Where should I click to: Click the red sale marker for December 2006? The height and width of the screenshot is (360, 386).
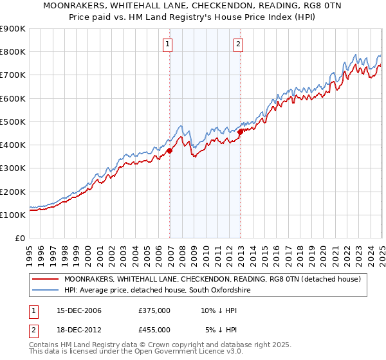(170, 151)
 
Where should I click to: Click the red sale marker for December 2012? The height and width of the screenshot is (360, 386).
(240, 132)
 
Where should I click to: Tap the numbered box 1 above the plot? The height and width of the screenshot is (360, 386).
(167, 44)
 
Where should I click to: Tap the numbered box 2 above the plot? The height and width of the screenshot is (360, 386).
(238, 44)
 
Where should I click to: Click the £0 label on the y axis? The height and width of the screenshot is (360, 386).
(19, 238)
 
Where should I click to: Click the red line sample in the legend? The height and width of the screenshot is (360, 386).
(45, 279)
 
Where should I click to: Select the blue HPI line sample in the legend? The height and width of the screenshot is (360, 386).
(45, 291)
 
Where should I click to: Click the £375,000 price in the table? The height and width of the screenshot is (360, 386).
(154, 311)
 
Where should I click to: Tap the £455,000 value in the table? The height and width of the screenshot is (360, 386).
(154, 329)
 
